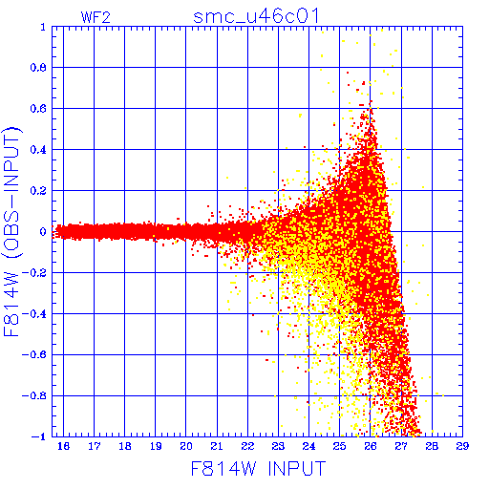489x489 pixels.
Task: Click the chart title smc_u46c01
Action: (256, 16)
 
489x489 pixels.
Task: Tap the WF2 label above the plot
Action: (96, 17)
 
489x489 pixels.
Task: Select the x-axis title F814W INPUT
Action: (258, 468)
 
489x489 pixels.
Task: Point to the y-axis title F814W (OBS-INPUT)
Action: (11, 231)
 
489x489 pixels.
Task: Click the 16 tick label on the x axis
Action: (63, 446)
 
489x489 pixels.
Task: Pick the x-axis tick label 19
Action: (156, 446)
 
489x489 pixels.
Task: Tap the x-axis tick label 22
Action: (247, 446)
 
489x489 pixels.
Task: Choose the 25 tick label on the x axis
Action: (339, 446)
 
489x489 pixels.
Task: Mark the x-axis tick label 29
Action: (462, 446)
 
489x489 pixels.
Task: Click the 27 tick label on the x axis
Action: (401, 446)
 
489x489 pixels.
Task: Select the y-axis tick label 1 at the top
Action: (43, 27)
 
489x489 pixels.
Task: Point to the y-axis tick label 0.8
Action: (38, 68)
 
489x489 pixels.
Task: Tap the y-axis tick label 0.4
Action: (38, 150)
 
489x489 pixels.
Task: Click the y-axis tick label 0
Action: (43, 231)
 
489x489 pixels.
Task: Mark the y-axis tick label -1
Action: (39, 436)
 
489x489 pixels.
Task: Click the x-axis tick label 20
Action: (186, 446)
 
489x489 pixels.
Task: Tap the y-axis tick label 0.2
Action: (38, 191)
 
